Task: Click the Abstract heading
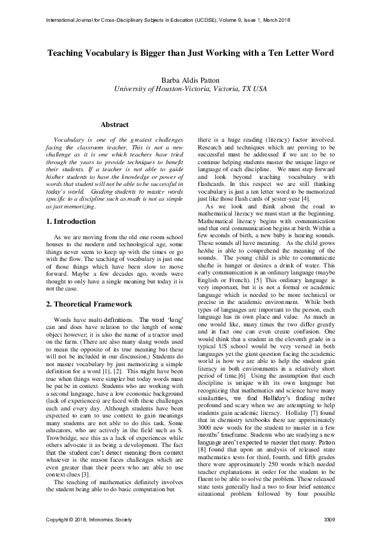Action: click(115, 124)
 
